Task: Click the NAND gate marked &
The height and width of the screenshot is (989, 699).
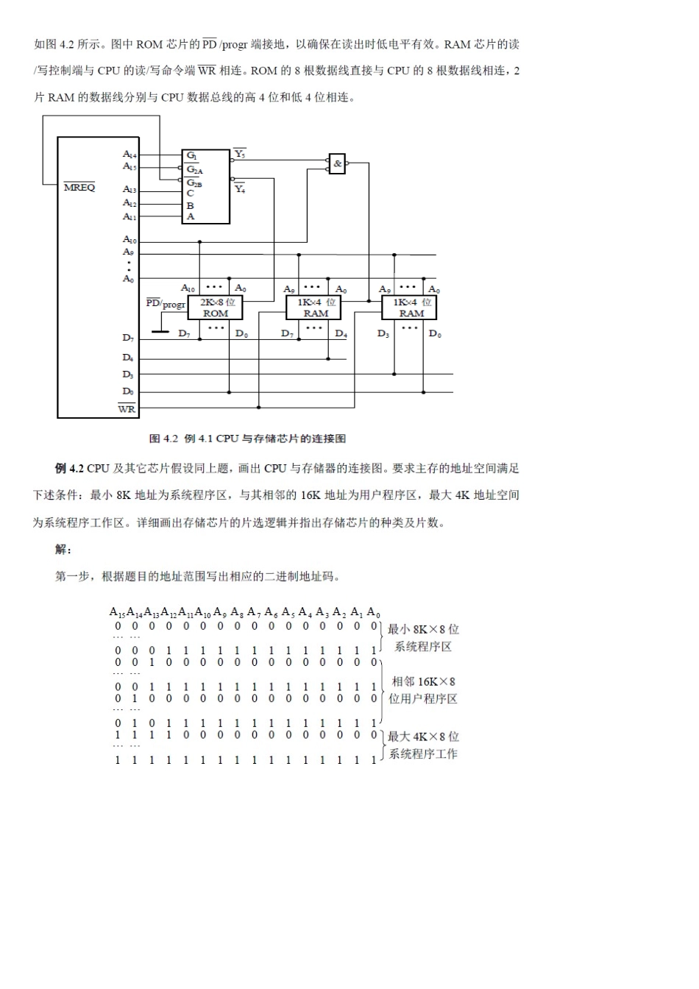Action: (337, 163)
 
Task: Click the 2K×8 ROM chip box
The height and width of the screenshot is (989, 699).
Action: (216, 308)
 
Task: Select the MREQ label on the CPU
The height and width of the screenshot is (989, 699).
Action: (79, 187)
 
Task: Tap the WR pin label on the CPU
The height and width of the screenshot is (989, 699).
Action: (127, 408)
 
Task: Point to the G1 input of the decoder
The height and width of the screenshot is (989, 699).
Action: (191, 156)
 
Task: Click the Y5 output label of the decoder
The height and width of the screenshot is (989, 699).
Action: (240, 154)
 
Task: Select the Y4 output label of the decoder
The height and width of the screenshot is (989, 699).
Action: (240, 189)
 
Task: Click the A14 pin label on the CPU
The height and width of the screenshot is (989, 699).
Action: (129, 155)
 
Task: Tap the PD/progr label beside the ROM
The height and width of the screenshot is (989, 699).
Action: (166, 303)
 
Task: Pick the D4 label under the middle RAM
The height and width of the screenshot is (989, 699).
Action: (341, 334)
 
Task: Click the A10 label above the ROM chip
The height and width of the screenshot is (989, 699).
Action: (188, 288)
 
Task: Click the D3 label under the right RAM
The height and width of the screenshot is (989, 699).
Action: (383, 334)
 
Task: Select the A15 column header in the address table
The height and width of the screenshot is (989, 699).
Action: (118, 612)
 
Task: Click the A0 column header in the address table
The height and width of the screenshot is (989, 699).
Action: (374, 612)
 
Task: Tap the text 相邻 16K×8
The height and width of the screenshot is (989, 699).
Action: (423, 681)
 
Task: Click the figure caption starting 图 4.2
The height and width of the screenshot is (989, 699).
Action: (247, 439)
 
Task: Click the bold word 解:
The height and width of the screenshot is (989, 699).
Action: (63, 550)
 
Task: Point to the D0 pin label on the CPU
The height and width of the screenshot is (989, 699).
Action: (128, 391)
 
